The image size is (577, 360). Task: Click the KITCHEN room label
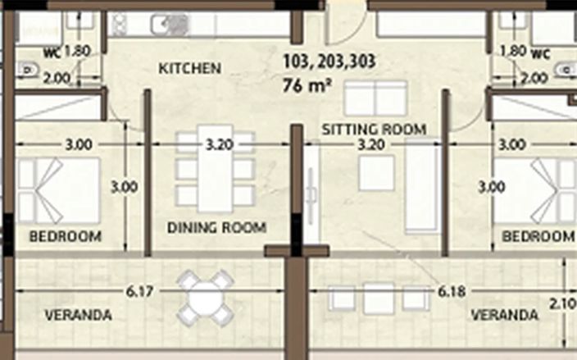click(190, 68)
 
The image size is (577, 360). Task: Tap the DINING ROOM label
click(216, 227)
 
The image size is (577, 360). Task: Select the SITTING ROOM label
click(375, 130)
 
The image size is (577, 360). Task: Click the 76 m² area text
click(307, 86)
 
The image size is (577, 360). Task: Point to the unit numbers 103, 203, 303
click(329, 62)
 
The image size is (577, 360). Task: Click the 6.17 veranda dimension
click(139, 292)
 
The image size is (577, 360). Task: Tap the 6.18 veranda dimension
click(452, 292)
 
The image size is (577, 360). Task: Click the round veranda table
click(206, 298)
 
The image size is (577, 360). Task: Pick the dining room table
click(216, 169)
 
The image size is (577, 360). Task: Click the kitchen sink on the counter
click(170, 25)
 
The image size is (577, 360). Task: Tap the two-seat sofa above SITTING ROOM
click(375, 98)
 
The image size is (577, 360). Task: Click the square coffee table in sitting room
click(376, 173)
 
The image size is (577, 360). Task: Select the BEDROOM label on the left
click(66, 236)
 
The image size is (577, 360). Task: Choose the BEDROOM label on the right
click(538, 236)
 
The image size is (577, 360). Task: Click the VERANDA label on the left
click(79, 315)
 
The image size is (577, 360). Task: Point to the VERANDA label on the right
click(505, 315)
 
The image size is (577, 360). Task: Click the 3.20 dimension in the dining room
click(220, 144)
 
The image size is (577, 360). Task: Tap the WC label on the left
click(52, 53)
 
